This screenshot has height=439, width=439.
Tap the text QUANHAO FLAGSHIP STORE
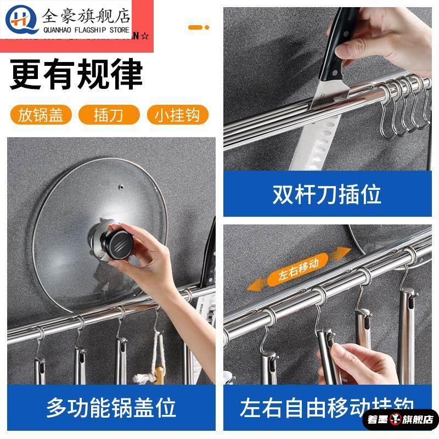(x=87, y=31)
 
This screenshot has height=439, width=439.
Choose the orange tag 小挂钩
(x=178, y=115)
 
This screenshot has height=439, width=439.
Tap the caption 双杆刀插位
(x=327, y=194)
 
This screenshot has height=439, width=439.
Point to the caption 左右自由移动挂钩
(x=327, y=408)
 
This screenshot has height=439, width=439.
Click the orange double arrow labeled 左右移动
(x=297, y=269)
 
